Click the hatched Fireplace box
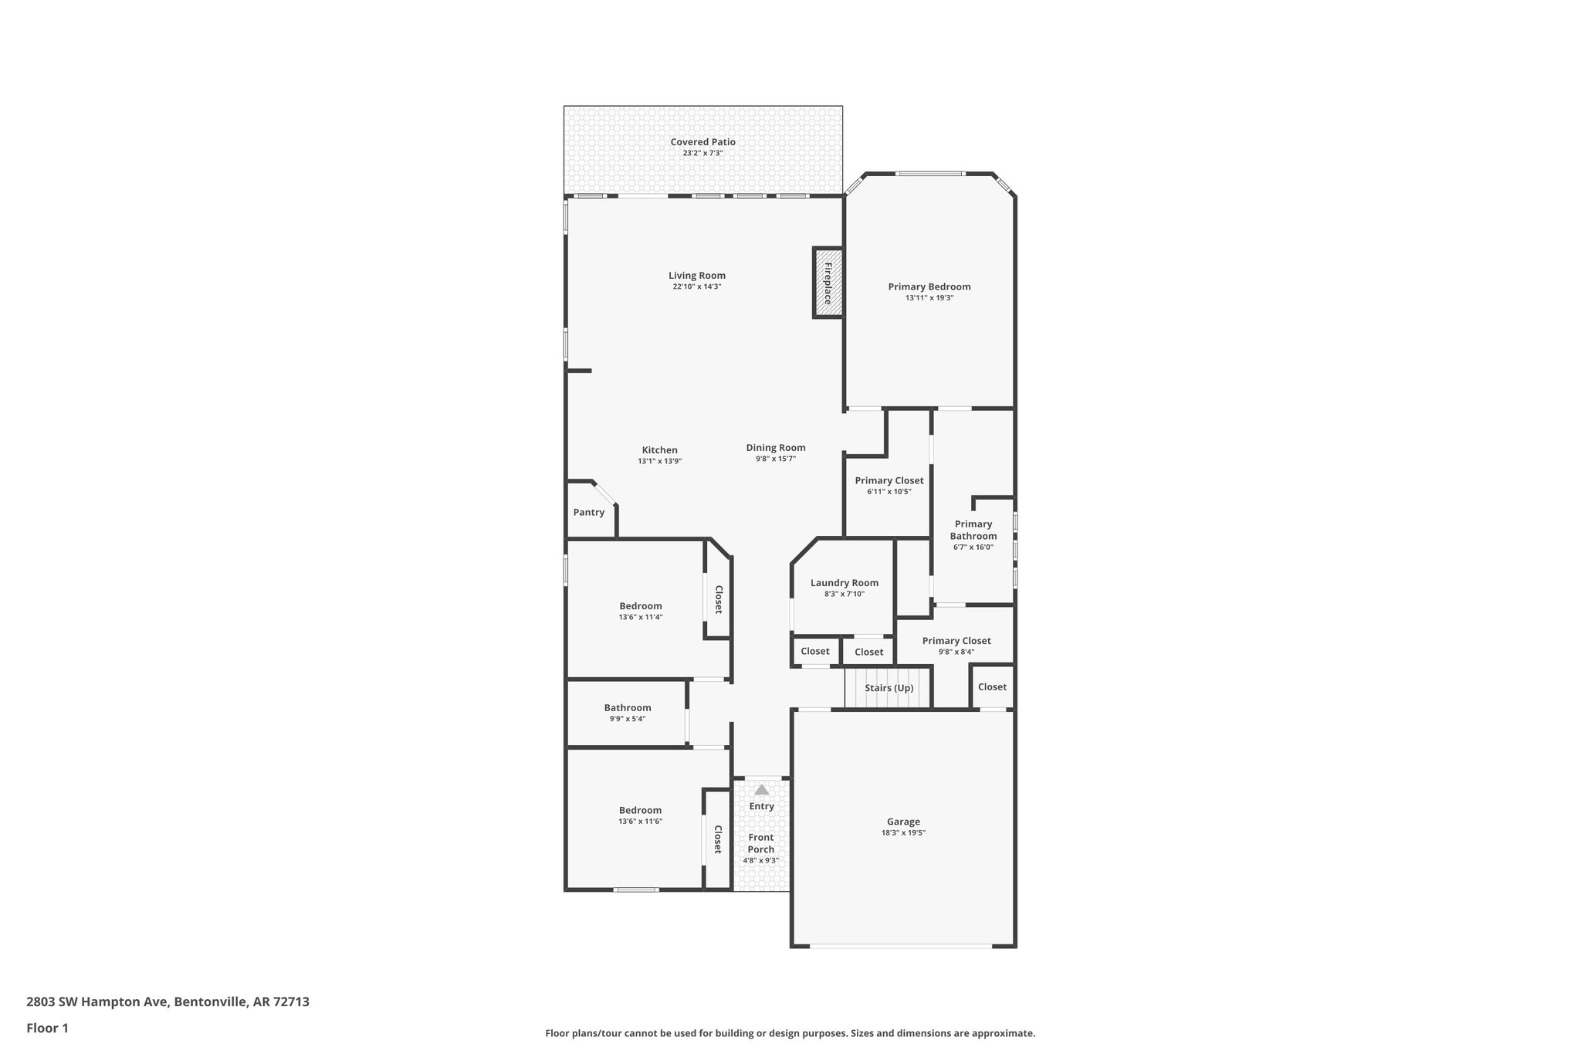[828, 283]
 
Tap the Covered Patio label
[702, 142]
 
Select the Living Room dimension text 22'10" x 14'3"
[696, 286]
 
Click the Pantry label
[588, 513]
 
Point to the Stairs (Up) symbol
[889, 688]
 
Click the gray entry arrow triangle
[761, 790]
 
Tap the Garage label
[902, 822]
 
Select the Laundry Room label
[844, 583]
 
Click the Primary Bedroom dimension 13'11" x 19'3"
[929, 298]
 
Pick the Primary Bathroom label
[973, 530]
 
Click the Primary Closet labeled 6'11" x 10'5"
[889, 480]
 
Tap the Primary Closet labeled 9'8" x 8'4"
[956, 641]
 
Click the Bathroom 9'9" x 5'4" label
[627, 708]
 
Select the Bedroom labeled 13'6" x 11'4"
[640, 606]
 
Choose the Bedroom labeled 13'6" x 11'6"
[640, 810]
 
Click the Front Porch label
[760, 843]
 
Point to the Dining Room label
[775, 448]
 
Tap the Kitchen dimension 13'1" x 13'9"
[659, 461]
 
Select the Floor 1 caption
[47, 1029]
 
